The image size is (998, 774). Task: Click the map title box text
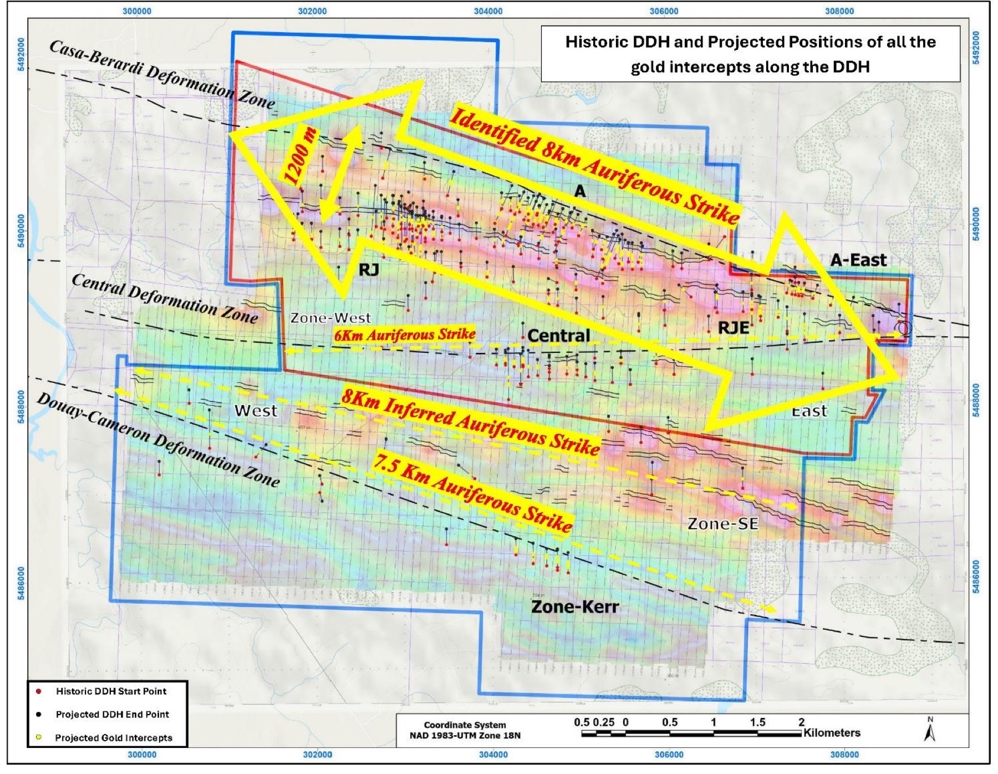point(750,54)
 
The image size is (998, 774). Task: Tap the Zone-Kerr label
point(575,606)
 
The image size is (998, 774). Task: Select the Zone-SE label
point(722,524)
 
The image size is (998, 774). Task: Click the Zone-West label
point(330,318)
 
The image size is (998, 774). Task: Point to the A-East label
point(858,260)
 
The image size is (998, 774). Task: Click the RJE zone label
point(733,328)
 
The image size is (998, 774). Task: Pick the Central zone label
point(558,336)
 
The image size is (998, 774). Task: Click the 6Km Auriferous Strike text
point(405,335)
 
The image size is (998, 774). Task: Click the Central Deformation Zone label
point(165,299)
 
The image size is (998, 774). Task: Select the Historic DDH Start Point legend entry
point(110,691)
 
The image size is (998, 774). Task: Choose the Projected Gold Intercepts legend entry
point(113,738)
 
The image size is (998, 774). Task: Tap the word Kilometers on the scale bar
point(832,733)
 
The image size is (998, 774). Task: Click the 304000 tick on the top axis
point(488,11)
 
